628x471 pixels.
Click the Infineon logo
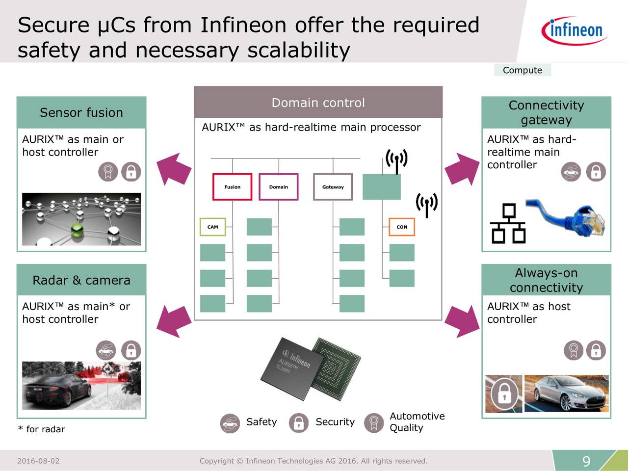point(575,30)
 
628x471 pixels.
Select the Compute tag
point(523,70)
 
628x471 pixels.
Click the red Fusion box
point(232,187)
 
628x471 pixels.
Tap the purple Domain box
point(278,187)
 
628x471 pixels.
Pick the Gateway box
point(333,187)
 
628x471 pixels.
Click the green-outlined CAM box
point(212,227)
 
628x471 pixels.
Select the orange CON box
point(402,227)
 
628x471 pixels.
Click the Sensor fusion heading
point(81,112)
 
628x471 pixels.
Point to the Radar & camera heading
point(81,280)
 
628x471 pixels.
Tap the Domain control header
point(318,103)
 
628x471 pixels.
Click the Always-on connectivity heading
point(546,280)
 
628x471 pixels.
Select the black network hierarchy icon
point(509,224)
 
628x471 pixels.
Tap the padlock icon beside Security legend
point(298,422)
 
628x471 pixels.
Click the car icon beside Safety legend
point(230,423)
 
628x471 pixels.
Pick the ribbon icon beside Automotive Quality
point(374,422)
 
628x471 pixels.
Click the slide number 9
point(586,461)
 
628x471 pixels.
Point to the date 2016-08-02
point(38,461)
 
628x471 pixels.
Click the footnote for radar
point(42,429)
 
